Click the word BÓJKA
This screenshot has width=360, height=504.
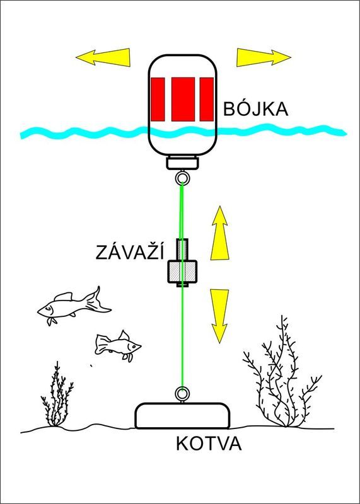click(x=256, y=108)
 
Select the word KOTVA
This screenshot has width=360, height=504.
click(x=209, y=444)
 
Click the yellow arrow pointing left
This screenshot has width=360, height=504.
click(x=103, y=57)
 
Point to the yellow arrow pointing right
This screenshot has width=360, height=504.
click(x=264, y=57)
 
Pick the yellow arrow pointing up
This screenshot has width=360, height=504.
click(x=220, y=232)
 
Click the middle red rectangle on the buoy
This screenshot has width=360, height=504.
click(x=183, y=100)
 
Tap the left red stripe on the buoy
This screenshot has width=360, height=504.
click(x=158, y=100)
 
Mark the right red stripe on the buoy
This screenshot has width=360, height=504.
click(x=207, y=100)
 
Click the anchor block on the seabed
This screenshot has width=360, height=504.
click(x=182, y=416)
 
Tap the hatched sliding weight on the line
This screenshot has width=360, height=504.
click(x=182, y=263)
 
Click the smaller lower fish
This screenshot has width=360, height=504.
click(x=118, y=346)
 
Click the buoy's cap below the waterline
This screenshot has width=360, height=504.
click(x=182, y=162)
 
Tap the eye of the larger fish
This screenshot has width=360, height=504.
click(x=49, y=309)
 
